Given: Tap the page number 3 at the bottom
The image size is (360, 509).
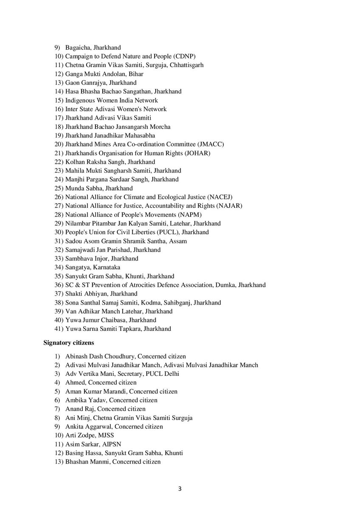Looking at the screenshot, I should [x=180, y=489].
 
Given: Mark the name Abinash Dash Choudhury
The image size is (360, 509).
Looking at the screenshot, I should [x=96, y=356].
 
